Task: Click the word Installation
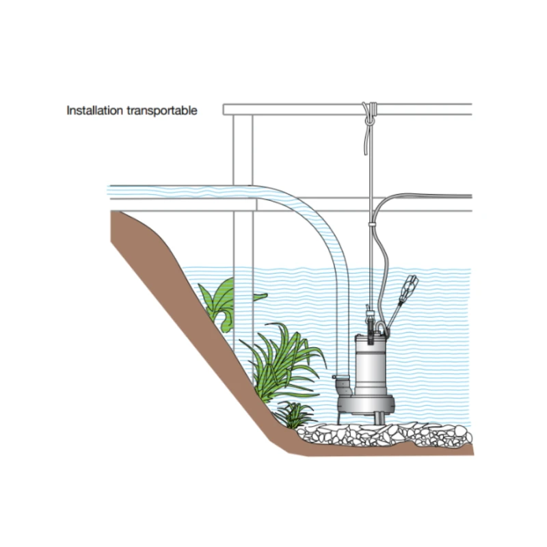pyautogui.click(x=94, y=111)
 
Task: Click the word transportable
pyautogui.click(x=162, y=111)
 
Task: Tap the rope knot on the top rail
pyautogui.click(x=370, y=112)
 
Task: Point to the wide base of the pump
pyautogui.click(x=366, y=404)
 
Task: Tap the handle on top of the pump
pyautogui.click(x=381, y=328)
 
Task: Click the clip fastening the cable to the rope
pyautogui.click(x=372, y=224)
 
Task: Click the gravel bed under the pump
pyautogui.click(x=384, y=435)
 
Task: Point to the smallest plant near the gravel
pyautogui.click(x=294, y=414)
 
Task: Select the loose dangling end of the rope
pyautogui.click(x=365, y=139)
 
